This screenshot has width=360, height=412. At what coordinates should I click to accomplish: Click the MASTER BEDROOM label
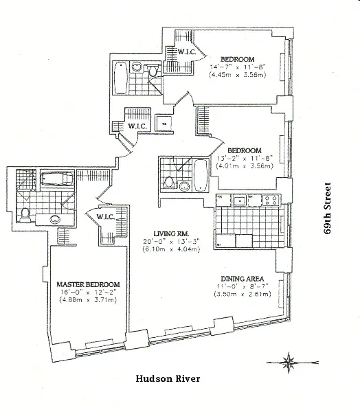coord(89,284)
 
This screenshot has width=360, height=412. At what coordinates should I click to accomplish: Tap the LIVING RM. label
coord(161,233)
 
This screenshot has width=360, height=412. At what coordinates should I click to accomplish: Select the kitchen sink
coord(240,201)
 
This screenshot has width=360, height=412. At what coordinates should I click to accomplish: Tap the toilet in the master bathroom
coord(25,214)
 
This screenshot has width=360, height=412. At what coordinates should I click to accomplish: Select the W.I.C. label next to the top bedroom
coord(188,51)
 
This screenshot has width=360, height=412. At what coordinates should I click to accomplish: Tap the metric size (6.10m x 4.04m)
coord(161,249)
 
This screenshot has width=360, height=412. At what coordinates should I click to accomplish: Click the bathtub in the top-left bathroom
coord(122,78)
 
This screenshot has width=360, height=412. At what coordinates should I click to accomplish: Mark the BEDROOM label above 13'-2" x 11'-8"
coord(245,150)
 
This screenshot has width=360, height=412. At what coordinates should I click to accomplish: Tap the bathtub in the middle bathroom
coord(201,174)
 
